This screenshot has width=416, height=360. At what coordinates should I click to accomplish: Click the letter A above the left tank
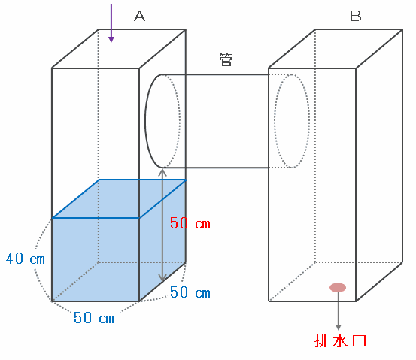point(140,16)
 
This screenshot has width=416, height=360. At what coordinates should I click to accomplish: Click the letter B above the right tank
point(356,16)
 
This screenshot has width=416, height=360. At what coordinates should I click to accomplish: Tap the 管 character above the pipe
point(226,59)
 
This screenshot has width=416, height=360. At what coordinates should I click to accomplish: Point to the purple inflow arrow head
point(111,39)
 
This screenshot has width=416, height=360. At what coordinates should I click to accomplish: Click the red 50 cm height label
point(190,223)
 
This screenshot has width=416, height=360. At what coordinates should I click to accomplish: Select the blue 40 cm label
point(26,259)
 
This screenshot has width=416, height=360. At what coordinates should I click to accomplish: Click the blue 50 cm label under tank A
point(94,318)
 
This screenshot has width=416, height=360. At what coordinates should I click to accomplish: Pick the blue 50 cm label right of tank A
point(190,292)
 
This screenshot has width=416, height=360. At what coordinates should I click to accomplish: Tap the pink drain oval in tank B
point(338,287)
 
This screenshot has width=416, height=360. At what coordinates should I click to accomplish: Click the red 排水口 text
point(340,341)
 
